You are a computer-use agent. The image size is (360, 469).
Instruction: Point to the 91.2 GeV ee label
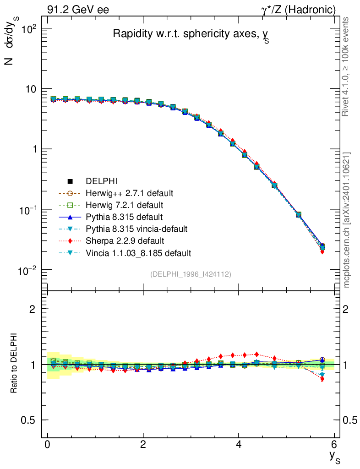tap(77, 10)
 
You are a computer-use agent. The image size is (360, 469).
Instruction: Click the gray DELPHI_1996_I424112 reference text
tap(191, 274)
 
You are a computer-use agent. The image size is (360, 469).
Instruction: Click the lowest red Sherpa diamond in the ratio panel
tap(322, 379)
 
